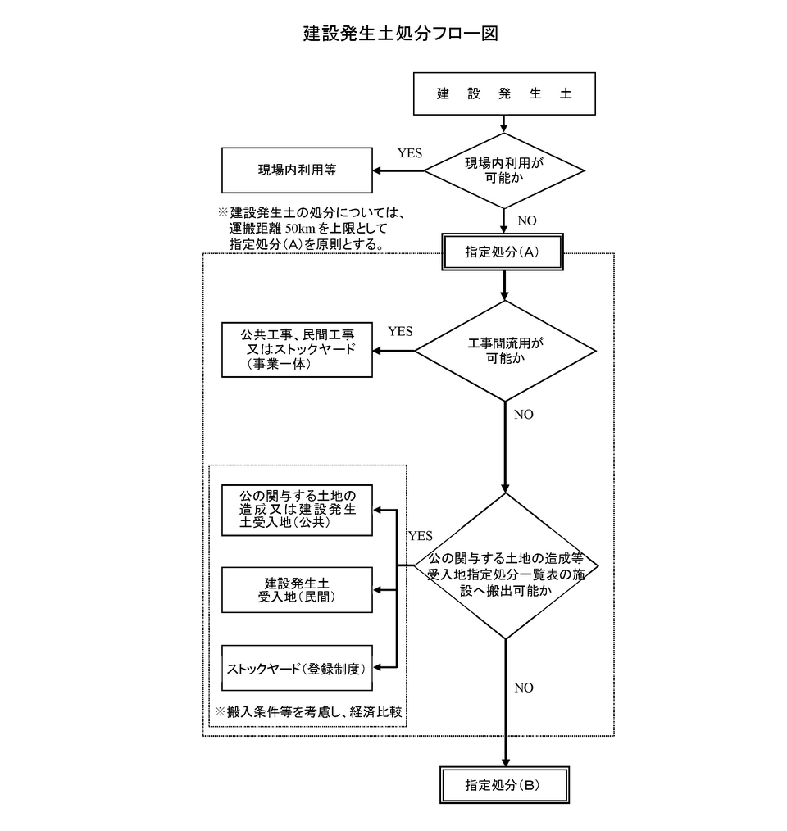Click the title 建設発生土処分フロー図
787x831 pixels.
(x=401, y=34)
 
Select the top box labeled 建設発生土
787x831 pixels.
(x=503, y=93)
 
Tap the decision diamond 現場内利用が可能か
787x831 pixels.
(x=503, y=170)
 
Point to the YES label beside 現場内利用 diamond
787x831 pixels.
(x=410, y=153)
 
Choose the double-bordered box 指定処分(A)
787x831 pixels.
(x=503, y=252)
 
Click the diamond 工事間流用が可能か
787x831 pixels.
(x=505, y=351)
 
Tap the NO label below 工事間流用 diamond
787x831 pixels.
(x=523, y=415)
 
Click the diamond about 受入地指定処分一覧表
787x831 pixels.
(x=505, y=566)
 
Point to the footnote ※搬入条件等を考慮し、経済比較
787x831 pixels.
(x=308, y=711)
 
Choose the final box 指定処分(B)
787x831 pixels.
(x=503, y=784)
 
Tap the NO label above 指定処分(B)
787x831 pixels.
(x=523, y=688)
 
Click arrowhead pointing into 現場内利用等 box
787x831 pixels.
(x=379, y=171)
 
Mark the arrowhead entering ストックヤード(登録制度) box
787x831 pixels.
(x=379, y=668)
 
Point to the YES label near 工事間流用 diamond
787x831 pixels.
(x=400, y=332)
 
